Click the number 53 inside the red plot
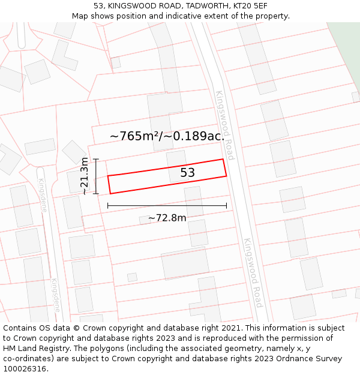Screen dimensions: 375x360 [x=188, y=173]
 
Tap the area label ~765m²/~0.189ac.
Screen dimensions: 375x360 [x=167, y=136]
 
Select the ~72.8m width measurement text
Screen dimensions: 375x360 [x=167, y=218]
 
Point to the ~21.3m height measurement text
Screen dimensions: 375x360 [x=85, y=176]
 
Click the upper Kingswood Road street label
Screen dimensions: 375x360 [x=224, y=125]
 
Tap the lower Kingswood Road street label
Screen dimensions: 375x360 [x=252, y=272]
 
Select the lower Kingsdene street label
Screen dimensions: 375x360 [x=55, y=295]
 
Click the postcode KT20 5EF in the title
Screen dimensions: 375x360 [x=250, y=6]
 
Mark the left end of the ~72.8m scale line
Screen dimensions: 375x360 [x=108, y=206]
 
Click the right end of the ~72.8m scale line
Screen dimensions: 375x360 [x=227, y=206]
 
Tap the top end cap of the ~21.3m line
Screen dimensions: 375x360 [x=95, y=159]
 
